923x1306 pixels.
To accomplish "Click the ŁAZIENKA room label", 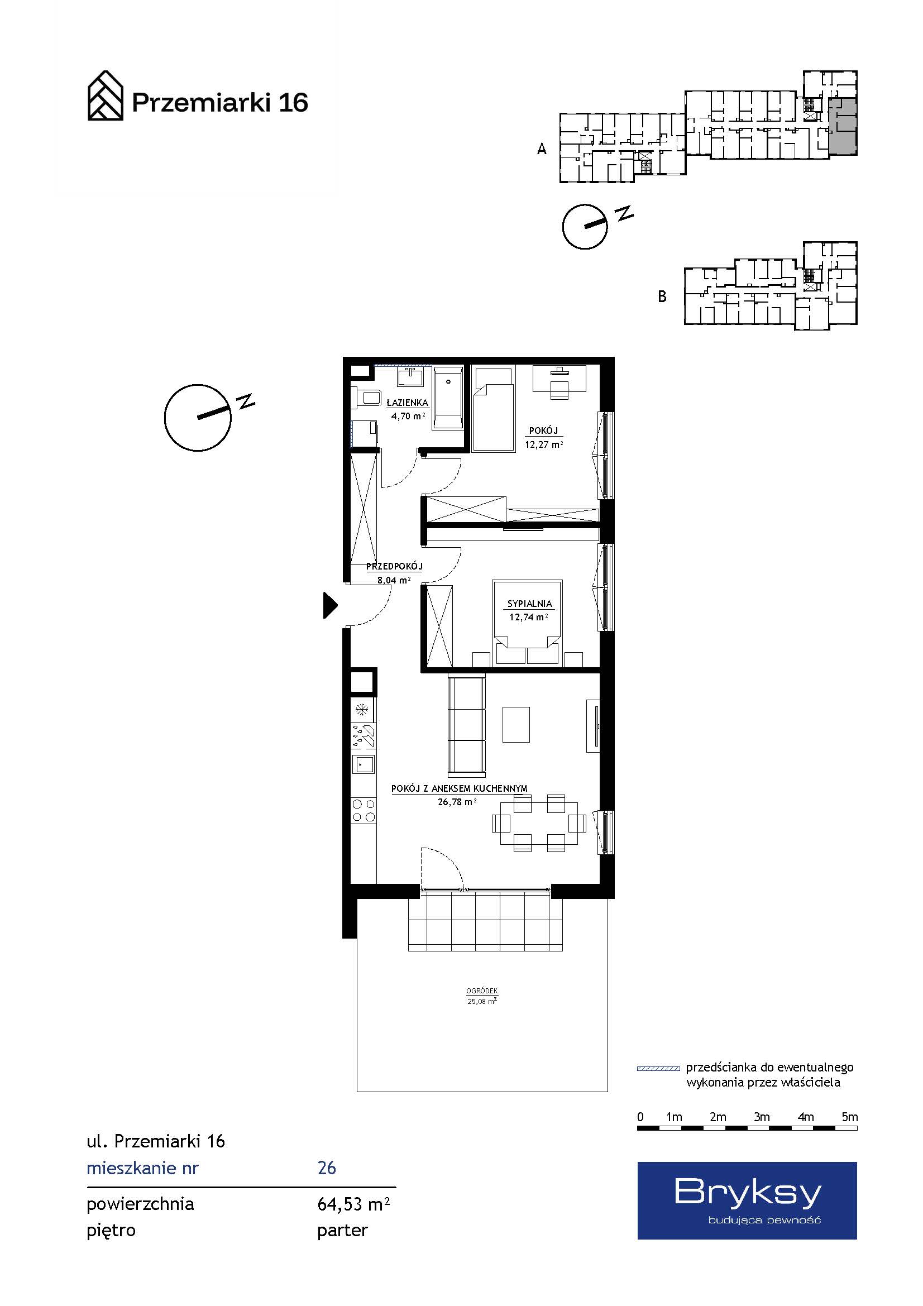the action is (406, 403).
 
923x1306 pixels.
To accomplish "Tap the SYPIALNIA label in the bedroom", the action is (529, 604).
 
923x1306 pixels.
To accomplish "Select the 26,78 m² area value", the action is (457, 802).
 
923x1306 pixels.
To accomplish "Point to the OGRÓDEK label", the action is (482, 991).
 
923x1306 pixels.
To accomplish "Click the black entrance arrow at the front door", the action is (330, 605).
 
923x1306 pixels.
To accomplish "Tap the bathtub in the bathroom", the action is (448, 397).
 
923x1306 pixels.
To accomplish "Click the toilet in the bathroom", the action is (366, 397).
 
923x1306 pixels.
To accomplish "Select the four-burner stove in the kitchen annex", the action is (364, 811).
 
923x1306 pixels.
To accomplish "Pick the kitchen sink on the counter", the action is (364, 764).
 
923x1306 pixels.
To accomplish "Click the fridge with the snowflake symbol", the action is (363, 709).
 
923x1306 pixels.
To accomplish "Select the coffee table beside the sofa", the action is (517, 725).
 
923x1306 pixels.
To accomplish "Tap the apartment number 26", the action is (327, 1168).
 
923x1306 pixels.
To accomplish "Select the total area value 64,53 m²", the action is (353, 1204).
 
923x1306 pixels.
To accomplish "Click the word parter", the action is (342, 1231).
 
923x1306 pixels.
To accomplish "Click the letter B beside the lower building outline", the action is (662, 296).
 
